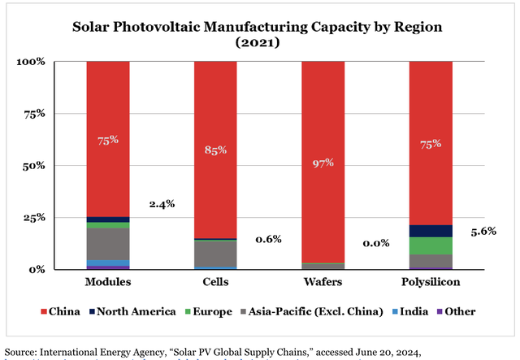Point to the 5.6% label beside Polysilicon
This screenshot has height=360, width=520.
click(x=483, y=231)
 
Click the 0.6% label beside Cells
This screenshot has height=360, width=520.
click(x=268, y=239)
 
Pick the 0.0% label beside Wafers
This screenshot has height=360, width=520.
click(x=376, y=242)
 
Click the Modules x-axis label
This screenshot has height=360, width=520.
click(x=107, y=281)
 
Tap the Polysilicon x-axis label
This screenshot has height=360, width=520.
click(x=431, y=281)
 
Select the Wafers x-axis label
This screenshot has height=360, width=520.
click(x=323, y=281)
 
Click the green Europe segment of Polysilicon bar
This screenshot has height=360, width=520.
click(x=431, y=245)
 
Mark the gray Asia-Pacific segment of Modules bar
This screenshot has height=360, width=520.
click(x=107, y=244)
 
